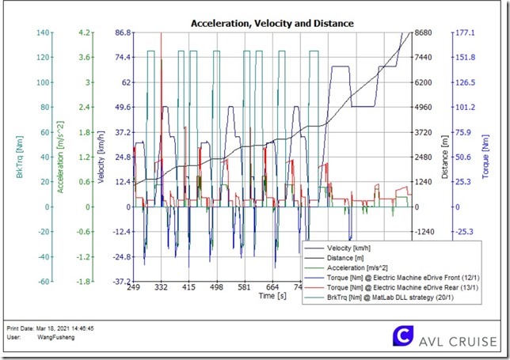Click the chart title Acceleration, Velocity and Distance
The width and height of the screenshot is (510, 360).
coord(272,24)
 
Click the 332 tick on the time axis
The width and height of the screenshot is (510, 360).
coord(161,288)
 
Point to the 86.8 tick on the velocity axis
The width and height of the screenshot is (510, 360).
coord(123,32)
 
